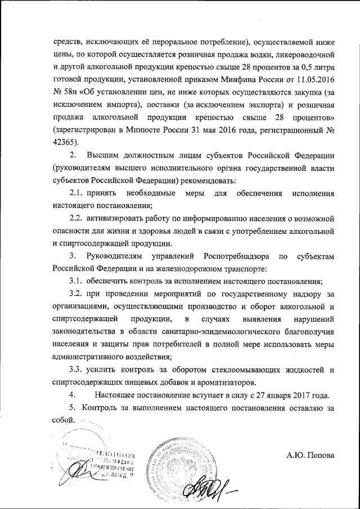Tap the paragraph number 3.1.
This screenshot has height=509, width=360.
[78, 281]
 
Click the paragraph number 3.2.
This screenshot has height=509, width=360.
[78, 293]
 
